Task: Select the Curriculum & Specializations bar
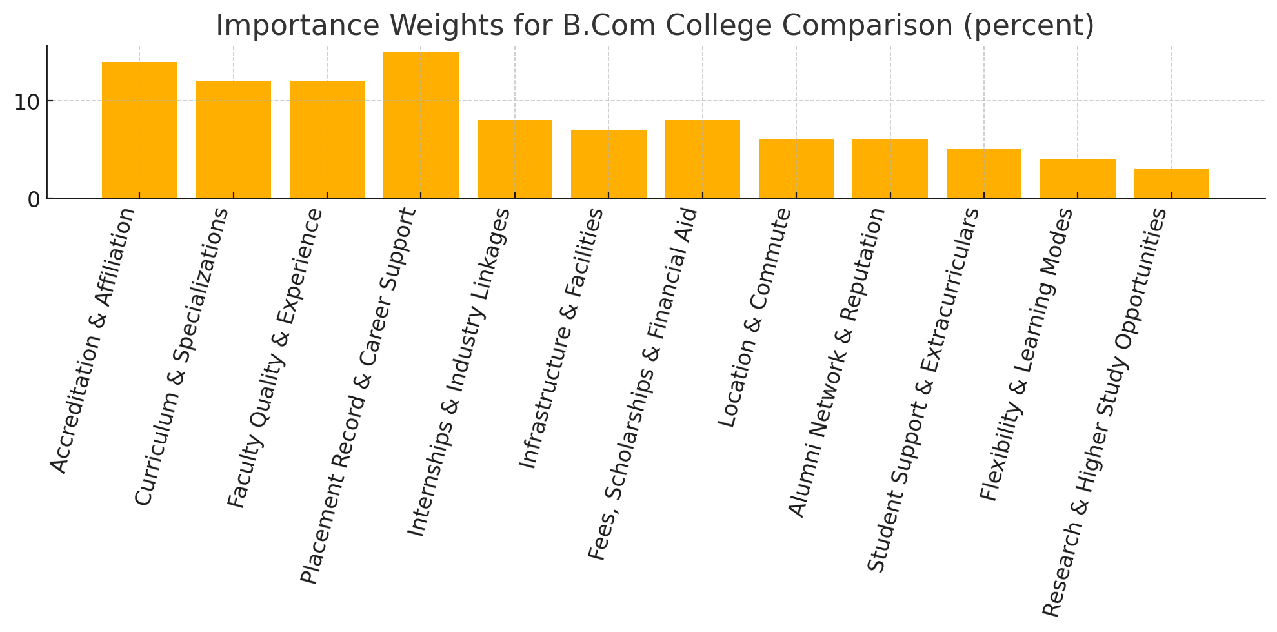pos(233,140)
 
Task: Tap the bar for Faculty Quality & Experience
pos(327,140)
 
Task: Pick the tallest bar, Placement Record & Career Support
pos(421,125)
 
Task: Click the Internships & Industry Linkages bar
pos(515,159)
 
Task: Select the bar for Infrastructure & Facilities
pos(608,164)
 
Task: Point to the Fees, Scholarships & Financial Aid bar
pos(703,159)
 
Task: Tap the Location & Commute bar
pos(796,169)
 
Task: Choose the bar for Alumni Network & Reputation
pos(890,169)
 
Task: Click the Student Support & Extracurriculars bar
pos(984,174)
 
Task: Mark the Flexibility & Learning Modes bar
pos(1078,179)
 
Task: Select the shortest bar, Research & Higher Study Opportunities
pos(1172,184)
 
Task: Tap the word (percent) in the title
pos(1027,26)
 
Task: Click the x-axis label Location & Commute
pos(755,318)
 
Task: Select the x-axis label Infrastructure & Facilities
pos(561,338)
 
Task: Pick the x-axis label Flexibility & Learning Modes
pos(1026,354)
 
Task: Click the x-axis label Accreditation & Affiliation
pos(93,340)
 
